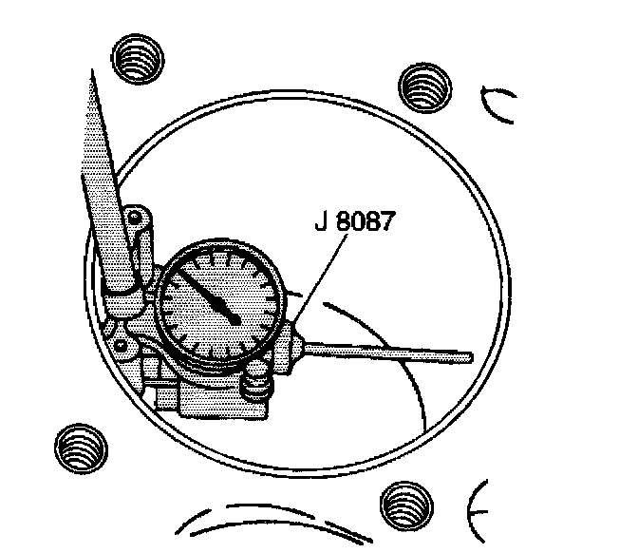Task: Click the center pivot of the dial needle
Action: (x=234, y=318)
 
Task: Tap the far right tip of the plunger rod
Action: (x=469, y=357)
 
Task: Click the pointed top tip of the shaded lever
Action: (x=89, y=73)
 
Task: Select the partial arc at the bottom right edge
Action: (x=475, y=504)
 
